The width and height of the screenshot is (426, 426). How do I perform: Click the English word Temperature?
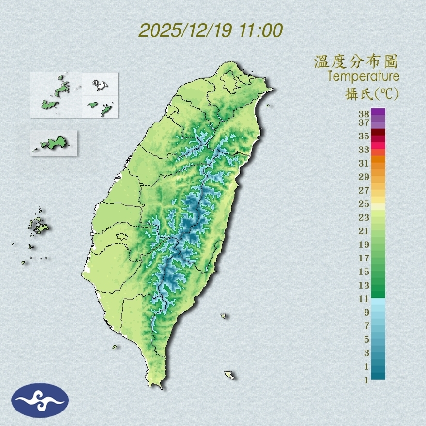point(363,76)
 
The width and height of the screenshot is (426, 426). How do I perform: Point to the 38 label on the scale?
point(364,114)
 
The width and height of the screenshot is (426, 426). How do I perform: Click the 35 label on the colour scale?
point(364,136)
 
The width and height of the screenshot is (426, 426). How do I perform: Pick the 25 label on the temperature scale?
point(364,204)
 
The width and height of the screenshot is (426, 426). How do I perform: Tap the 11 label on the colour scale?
point(364,299)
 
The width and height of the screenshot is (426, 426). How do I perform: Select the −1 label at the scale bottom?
point(363,380)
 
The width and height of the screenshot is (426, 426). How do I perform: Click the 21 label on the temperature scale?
point(364,231)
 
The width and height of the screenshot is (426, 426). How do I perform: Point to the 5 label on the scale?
point(366,339)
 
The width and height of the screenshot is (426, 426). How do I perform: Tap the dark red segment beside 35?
point(378,133)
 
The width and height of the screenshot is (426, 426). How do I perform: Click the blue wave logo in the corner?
point(40,400)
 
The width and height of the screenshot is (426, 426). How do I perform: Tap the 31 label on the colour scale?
point(364,163)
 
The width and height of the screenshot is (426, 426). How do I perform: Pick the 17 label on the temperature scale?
point(364,258)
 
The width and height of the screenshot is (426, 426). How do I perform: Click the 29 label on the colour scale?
point(364,177)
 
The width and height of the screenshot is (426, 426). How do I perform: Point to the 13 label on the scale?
point(364,285)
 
